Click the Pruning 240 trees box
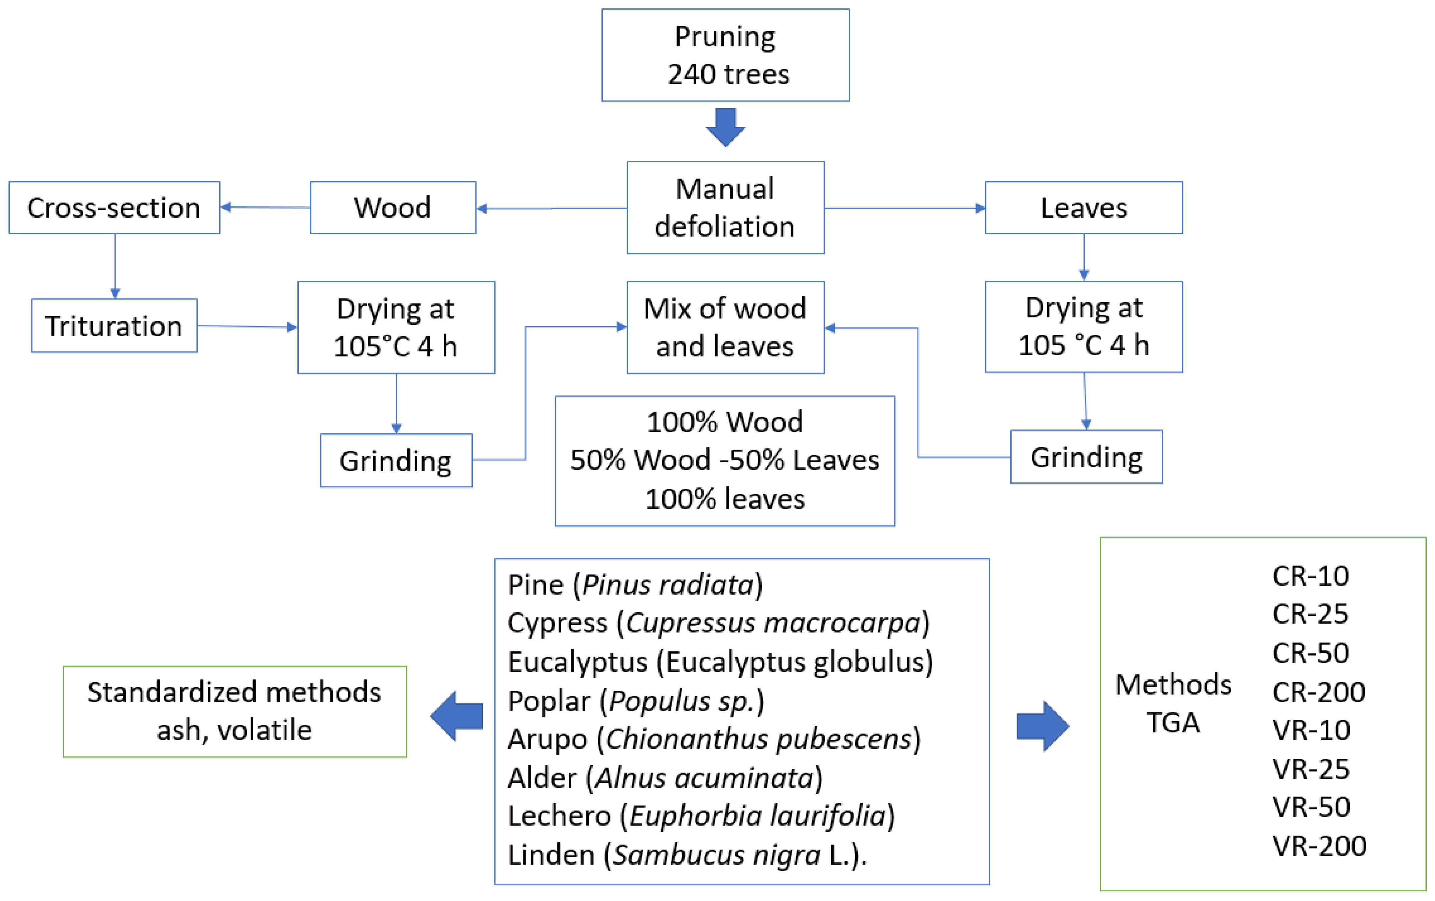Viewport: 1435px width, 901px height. pyautogui.click(x=725, y=55)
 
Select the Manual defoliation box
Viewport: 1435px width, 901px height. pyautogui.click(x=725, y=207)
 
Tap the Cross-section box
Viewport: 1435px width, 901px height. pyautogui.click(x=114, y=207)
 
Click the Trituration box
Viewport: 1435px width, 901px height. pyautogui.click(x=114, y=326)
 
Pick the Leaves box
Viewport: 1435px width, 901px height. pyautogui.click(x=1084, y=207)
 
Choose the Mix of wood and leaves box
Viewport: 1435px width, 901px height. pyautogui.click(x=725, y=327)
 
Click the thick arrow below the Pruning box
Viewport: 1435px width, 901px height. pyautogui.click(x=725, y=127)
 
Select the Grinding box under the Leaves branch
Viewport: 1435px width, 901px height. pyautogui.click(x=1086, y=457)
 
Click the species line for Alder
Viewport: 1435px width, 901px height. pyautogui.click(x=665, y=778)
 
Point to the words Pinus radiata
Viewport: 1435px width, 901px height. pyautogui.click(x=668, y=585)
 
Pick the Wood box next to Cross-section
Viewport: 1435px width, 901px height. pyautogui.click(x=393, y=207)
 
